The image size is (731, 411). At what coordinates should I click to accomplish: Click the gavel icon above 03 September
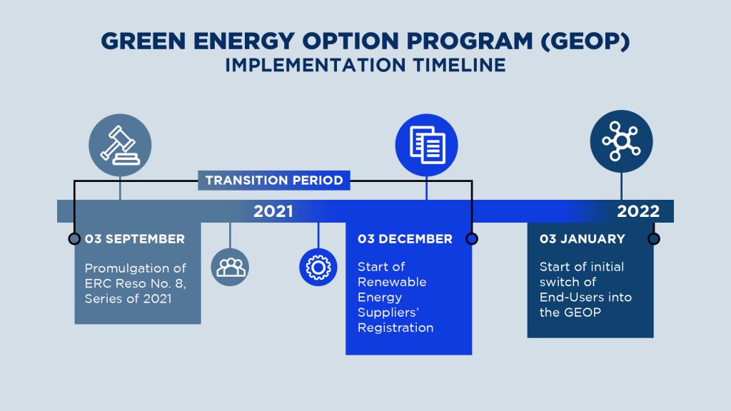pos(120,145)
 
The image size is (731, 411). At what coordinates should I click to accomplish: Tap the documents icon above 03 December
pos(427,145)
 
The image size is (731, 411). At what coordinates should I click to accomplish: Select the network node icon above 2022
pos(622,141)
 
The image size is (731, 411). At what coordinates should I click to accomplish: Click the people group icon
pos(230,267)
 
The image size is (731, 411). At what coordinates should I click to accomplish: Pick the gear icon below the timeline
pos(318,267)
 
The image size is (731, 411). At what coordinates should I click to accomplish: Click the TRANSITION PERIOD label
pos(274,181)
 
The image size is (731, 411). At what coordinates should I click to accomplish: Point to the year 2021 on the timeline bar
pos(273,211)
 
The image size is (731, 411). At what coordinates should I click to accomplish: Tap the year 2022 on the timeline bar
pos(638,211)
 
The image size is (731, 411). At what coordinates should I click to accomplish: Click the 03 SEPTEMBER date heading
pos(135,239)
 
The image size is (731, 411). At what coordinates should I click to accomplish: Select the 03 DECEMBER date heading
pos(405,239)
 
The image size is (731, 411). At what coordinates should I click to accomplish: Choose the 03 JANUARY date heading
pos(583,239)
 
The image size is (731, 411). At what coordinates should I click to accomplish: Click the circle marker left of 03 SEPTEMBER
pos(74,238)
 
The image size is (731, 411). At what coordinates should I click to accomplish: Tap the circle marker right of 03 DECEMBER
pos(472,238)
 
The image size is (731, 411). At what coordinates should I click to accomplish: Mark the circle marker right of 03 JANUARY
pos(654,238)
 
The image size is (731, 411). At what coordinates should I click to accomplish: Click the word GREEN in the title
pos(143,41)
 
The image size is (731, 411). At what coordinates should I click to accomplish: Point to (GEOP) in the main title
pos(585,41)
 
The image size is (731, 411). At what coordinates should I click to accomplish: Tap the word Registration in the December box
pos(395,328)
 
